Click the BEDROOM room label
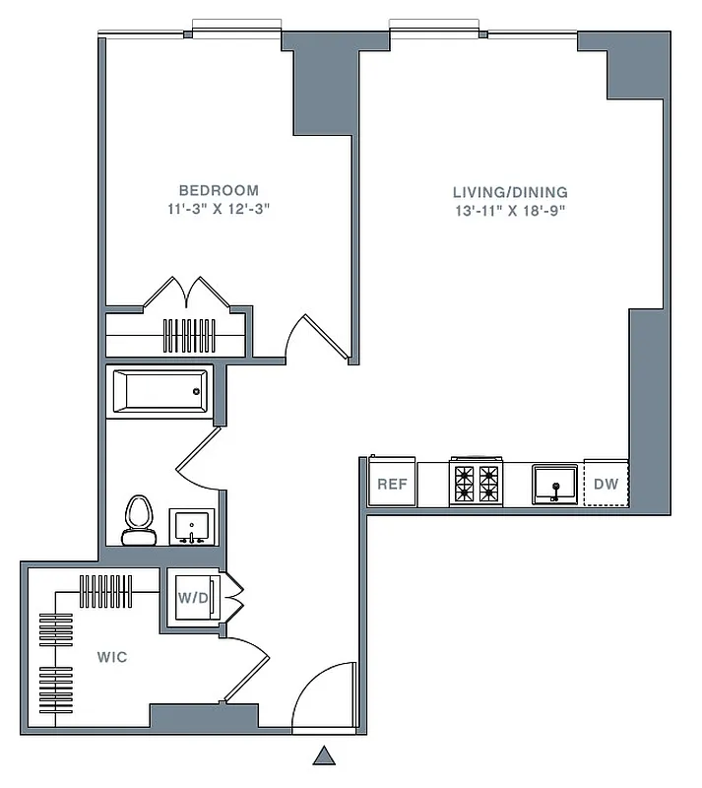tap(219, 190)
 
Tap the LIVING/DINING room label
tap(510, 192)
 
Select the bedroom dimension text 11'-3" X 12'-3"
tap(219, 209)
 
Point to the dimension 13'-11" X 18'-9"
tap(510, 211)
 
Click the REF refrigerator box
tap(393, 484)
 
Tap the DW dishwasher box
tap(606, 484)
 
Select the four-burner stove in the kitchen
tap(477, 483)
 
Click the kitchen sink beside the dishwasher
tap(556, 484)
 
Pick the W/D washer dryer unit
tap(193, 597)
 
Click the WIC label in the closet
tap(111, 656)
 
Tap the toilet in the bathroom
tap(138, 519)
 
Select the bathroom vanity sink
tap(191, 526)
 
